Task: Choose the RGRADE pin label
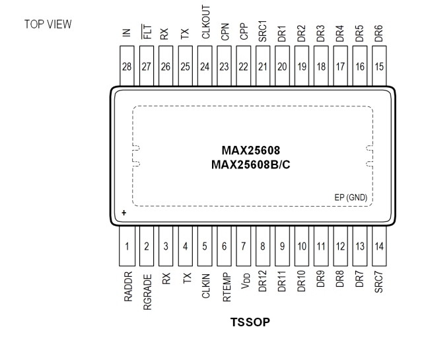147,287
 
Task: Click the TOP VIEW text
48,25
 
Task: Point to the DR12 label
263,281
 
